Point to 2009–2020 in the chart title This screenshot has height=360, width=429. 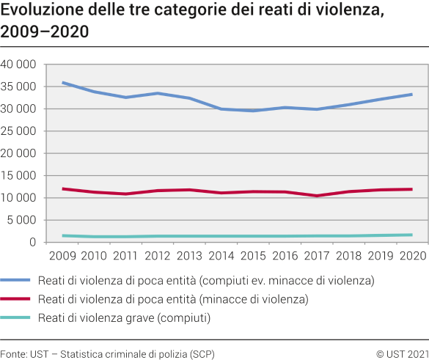[45, 32]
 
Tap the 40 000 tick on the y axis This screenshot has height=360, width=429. [20, 65]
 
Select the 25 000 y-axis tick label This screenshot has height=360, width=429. [20, 131]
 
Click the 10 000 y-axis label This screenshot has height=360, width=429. [20, 198]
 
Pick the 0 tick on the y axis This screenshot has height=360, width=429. [33, 243]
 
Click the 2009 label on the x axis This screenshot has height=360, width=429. [62, 256]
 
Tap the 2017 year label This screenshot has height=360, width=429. [317, 256]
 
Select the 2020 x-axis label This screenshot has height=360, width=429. [411, 256]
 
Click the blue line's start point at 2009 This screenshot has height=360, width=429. [63, 83]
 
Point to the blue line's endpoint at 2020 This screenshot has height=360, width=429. [411, 94]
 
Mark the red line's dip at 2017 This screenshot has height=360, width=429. [317, 196]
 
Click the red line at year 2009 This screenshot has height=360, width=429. [63, 188]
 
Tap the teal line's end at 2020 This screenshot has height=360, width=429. [411, 235]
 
